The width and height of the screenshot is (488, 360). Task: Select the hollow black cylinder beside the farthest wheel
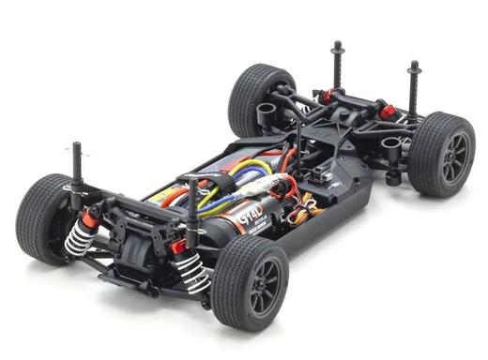pyautogui.click(x=392, y=147)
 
